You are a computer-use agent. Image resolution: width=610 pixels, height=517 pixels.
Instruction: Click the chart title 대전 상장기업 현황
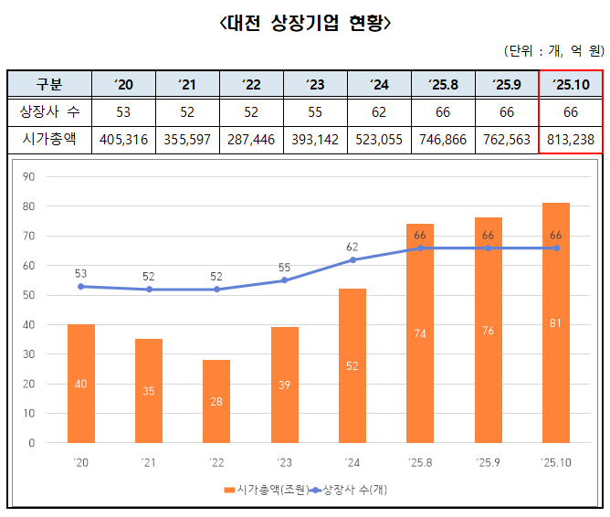(x=305, y=23)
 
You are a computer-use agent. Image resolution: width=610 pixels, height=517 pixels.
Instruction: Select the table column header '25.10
(x=570, y=84)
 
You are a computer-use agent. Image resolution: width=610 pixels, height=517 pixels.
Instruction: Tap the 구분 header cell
(x=48, y=84)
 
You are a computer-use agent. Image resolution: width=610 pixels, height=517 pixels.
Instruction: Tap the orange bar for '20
(x=81, y=384)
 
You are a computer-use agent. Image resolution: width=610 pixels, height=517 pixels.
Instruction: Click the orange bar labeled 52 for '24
(x=352, y=365)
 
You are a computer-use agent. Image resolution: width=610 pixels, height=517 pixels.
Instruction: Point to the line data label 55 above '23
(x=284, y=268)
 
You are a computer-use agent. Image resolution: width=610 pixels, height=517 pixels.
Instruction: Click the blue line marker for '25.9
(x=488, y=248)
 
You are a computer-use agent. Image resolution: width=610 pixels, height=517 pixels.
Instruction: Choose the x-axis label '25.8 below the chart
(x=420, y=463)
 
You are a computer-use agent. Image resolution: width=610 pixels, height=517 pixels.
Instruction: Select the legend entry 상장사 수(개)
(x=350, y=491)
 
